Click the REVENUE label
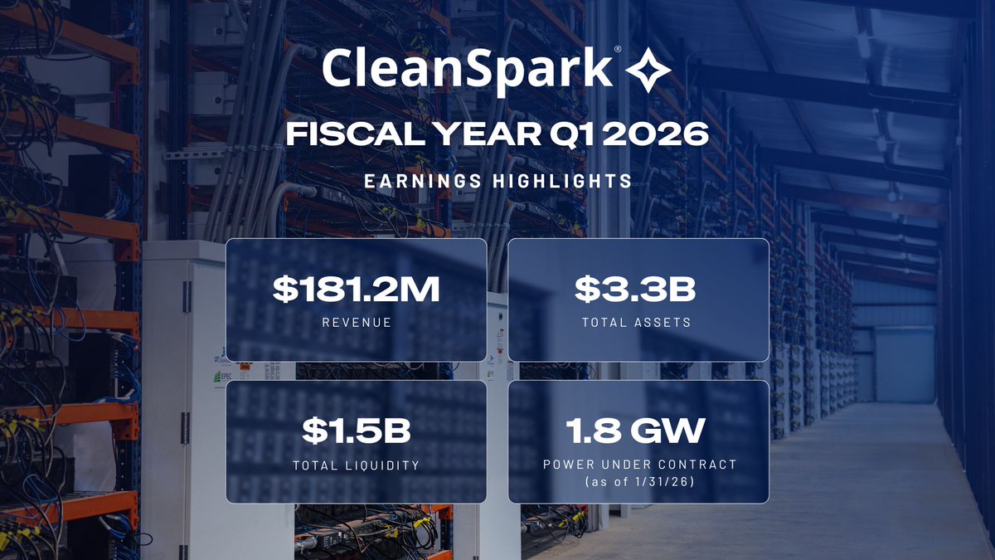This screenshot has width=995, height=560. pos(356,322)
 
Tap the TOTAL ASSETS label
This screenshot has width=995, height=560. pos(638,322)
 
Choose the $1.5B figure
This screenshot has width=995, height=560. pos(356,431)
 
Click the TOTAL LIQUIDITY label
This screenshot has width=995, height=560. pos(356,465)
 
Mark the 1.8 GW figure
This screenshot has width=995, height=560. pos(638,431)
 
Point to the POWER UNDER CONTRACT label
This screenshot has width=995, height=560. pos(638,465)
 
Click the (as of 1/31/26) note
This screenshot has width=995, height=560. pos(638,482)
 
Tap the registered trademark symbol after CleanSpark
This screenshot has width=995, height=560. pos(617,51)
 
